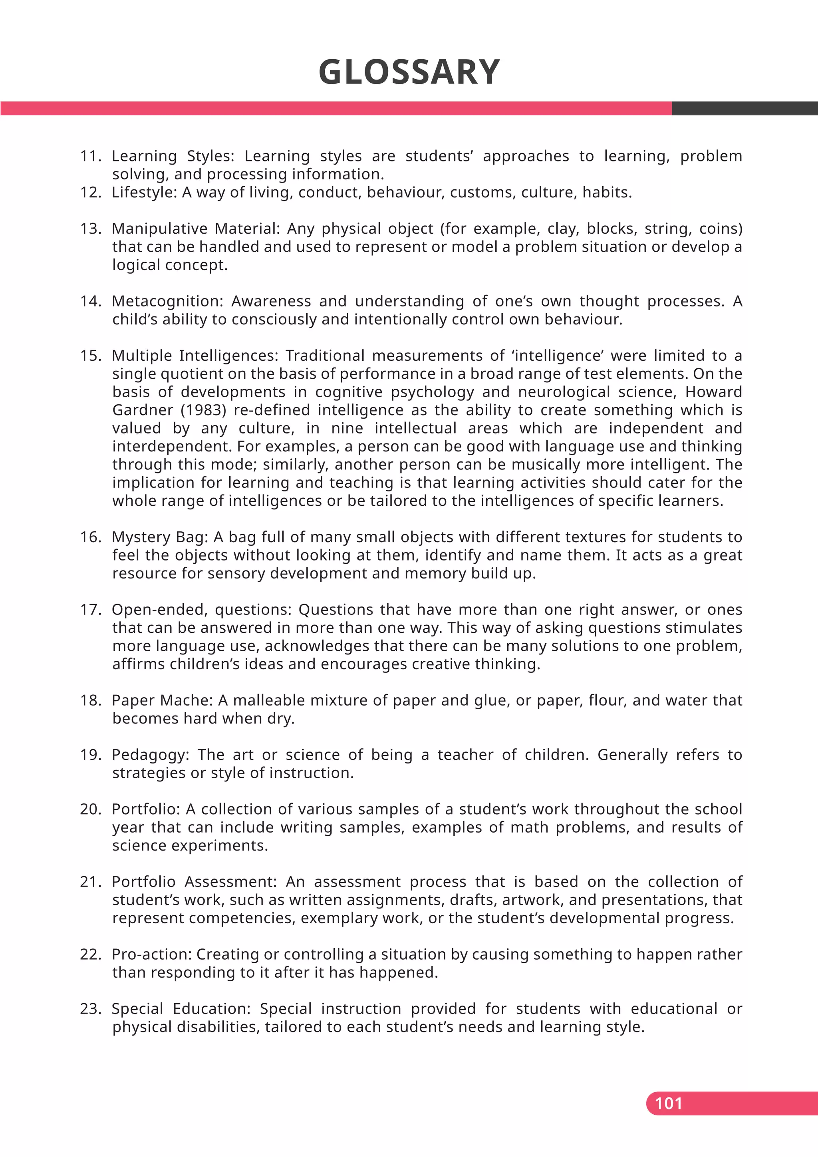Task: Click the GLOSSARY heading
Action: pos(409,72)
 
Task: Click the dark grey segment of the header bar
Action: pos(745,108)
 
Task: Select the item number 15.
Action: pos(91,356)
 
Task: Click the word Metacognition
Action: pos(166,301)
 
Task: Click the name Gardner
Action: pos(143,410)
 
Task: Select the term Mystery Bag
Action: pos(159,537)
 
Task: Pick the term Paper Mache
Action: pos(161,700)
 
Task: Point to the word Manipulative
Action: pos(159,229)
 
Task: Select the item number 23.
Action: pos(91,1009)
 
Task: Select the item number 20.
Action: pos(91,809)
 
